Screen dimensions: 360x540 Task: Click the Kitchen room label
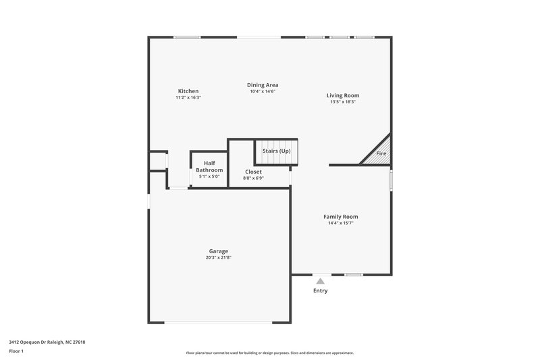tap(188, 91)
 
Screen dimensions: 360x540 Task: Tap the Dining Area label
tap(263, 85)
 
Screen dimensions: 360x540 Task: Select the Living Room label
tap(343, 95)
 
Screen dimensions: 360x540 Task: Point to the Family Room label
tap(340, 216)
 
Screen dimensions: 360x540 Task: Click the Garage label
tap(218, 251)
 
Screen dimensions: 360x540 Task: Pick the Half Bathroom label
tap(209, 166)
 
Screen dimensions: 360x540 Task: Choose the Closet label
tap(253, 172)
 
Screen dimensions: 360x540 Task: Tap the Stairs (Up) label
tap(276, 151)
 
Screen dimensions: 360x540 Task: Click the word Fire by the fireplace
tap(381, 154)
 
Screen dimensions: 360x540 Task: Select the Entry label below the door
tap(320, 290)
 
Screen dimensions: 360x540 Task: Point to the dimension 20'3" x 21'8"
tap(218, 257)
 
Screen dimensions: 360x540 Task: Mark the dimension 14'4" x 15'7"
tap(340, 223)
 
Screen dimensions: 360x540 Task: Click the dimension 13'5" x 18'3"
tap(343, 102)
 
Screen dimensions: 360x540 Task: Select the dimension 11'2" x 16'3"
tap(188, 97)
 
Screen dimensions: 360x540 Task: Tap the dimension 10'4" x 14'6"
tap(263, 91)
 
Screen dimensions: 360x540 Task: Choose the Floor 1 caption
tap(17, 351)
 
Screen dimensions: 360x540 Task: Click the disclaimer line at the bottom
tap(270, 353)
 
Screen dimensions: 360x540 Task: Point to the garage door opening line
tap(219, 322)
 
